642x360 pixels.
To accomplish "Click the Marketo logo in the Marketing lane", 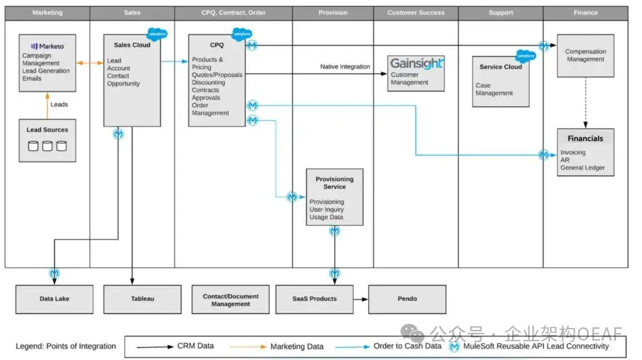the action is click(x=48, y=46).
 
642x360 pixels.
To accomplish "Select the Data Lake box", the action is click(x=55, y=299).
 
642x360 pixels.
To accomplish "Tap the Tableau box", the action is click(x=142, y=299).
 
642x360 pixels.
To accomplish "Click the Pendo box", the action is click(x=407, y=299).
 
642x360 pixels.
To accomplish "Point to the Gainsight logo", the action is click(x=416, y=63).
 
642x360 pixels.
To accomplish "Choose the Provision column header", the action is click(x=333, y=13).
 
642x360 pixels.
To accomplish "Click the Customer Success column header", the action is click(x=416, y=13).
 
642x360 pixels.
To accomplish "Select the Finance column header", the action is click(x=586, y=13).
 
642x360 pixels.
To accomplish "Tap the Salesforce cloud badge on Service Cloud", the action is click(x=525, y=56).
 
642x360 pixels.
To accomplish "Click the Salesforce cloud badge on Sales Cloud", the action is click(x=157, y=34).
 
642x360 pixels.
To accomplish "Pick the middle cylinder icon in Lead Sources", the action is click(x=48, y=146).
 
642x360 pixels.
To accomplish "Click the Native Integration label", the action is click(x=345, y=66).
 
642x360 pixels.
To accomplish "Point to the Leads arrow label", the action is click(x=60, y=105).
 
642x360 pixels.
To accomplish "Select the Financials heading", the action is click(x=585, y=139).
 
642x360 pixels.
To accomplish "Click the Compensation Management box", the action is click(x=586, y=56).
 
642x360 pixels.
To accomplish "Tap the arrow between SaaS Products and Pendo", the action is click(x=360, y=299).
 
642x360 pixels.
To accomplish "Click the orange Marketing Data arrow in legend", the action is click(x=248, y=347).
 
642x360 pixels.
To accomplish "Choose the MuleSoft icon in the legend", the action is click(x=454, y=347).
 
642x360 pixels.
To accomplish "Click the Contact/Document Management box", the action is click(x=231, y=299).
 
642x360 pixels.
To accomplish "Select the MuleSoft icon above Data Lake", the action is click(x=55, y=273).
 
